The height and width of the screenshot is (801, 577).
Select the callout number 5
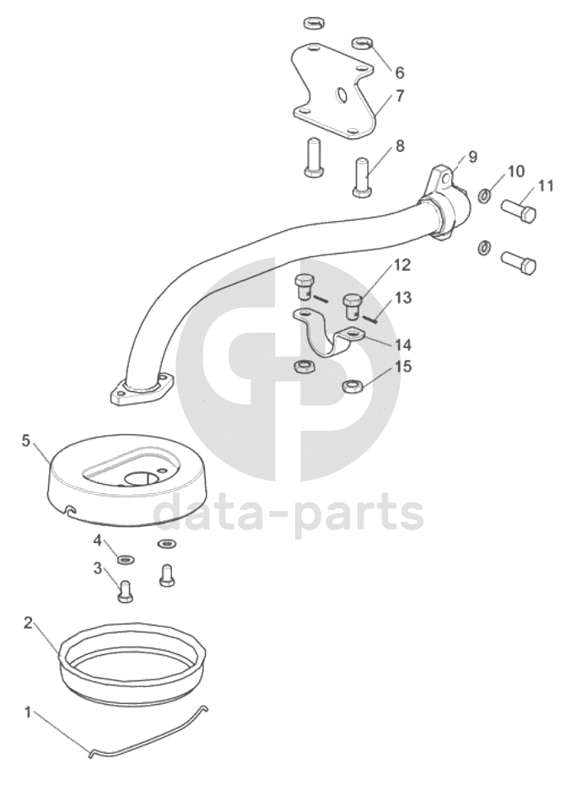click(27, 441)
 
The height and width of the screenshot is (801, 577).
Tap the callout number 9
click(472, 157)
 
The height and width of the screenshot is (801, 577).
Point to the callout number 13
click(403, 298)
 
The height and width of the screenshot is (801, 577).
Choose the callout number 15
click(403, 367)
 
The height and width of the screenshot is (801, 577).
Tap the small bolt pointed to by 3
click(126, 592)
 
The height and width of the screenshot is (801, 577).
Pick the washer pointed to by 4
click(125, 561)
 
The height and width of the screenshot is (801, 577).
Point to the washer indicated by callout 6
click(363, 42)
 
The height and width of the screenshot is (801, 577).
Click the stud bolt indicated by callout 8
click(363, 177)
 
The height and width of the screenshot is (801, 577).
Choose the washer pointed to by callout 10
click(483, 195)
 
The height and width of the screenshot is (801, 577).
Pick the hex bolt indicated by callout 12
click(353, 306)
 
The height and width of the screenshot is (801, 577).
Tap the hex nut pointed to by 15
click(352, 385)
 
